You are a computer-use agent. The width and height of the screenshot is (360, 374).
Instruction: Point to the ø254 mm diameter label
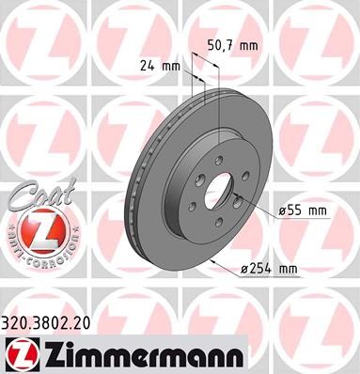tap(269, 269)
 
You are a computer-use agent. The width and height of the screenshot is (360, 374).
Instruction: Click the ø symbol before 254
tap(244, 270)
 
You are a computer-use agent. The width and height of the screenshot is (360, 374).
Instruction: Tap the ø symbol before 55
tap(282, 211)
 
